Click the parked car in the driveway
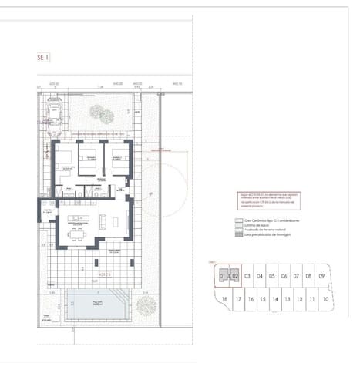[x=55, y=113]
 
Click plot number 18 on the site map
[x=224, y=299]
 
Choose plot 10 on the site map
[x=326, y=299]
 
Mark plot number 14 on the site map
[x=275, y=299]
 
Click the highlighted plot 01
[x=223, y=275]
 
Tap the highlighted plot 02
[x=234, y=275]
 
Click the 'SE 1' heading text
[x=43, y=57]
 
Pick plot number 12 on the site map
[x=301, y=299]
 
